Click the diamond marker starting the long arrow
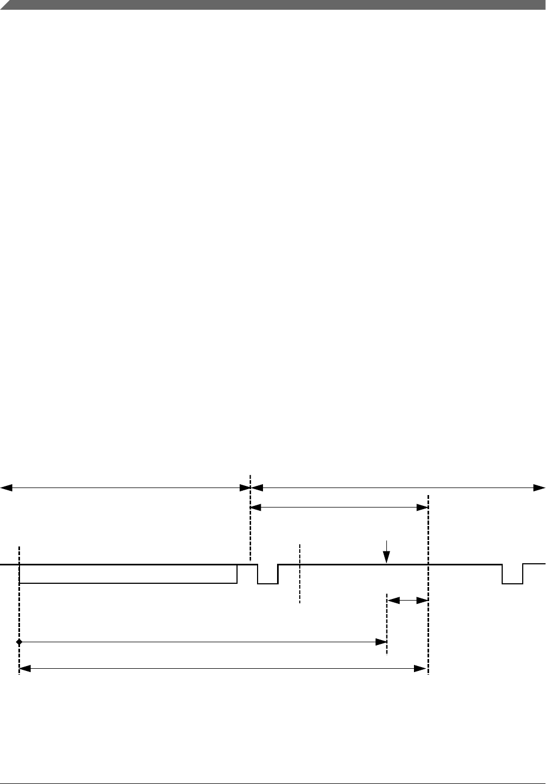[19, 642]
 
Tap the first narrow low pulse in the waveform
[267, 575]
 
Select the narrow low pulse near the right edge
[512, 575]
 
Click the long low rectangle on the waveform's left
[128, 574]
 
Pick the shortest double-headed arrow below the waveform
[407, 600]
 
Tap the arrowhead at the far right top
[540, 488]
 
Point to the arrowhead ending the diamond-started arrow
[381, 642]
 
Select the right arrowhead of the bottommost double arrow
[420, 669]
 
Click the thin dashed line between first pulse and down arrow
[299, 574]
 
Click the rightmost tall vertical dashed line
[428, 584]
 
